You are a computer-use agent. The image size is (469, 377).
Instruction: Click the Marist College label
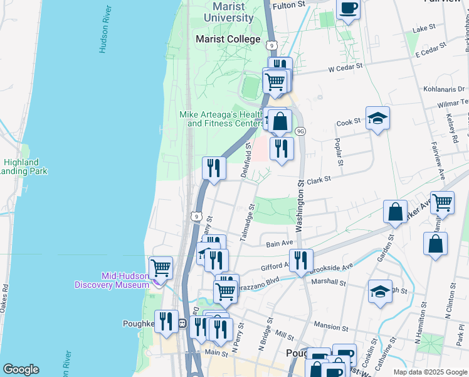[x=228, y=39]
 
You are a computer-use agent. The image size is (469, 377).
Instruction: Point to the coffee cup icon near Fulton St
[x=348, y=9]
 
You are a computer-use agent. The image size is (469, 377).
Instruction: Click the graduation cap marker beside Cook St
[x=377, y=118]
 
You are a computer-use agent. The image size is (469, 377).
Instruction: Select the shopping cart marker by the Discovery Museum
[x=161, y=268]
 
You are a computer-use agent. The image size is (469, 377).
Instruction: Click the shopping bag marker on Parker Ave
[x=396, y=212]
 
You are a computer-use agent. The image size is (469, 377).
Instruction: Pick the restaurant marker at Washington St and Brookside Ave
[x=301, y=260]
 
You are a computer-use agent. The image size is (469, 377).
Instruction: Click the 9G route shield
[x=300, y=131]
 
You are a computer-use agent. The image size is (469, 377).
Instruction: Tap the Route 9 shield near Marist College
[x=271, y=45]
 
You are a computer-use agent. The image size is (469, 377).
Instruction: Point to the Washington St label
[x=300, y=207]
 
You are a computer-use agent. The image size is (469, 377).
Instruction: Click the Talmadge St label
[x=247, y=221]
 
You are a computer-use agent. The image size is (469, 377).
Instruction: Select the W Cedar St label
[x=345, y=67]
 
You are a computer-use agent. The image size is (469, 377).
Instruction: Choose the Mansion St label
[x=330, y=327]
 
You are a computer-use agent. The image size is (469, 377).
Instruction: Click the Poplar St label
[x=339, y=152]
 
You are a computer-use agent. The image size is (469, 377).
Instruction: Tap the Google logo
[x=21, y=369]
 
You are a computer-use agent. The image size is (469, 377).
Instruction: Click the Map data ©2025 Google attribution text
[x=430, y=372]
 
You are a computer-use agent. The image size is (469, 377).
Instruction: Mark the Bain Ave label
[x=280, y=243]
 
